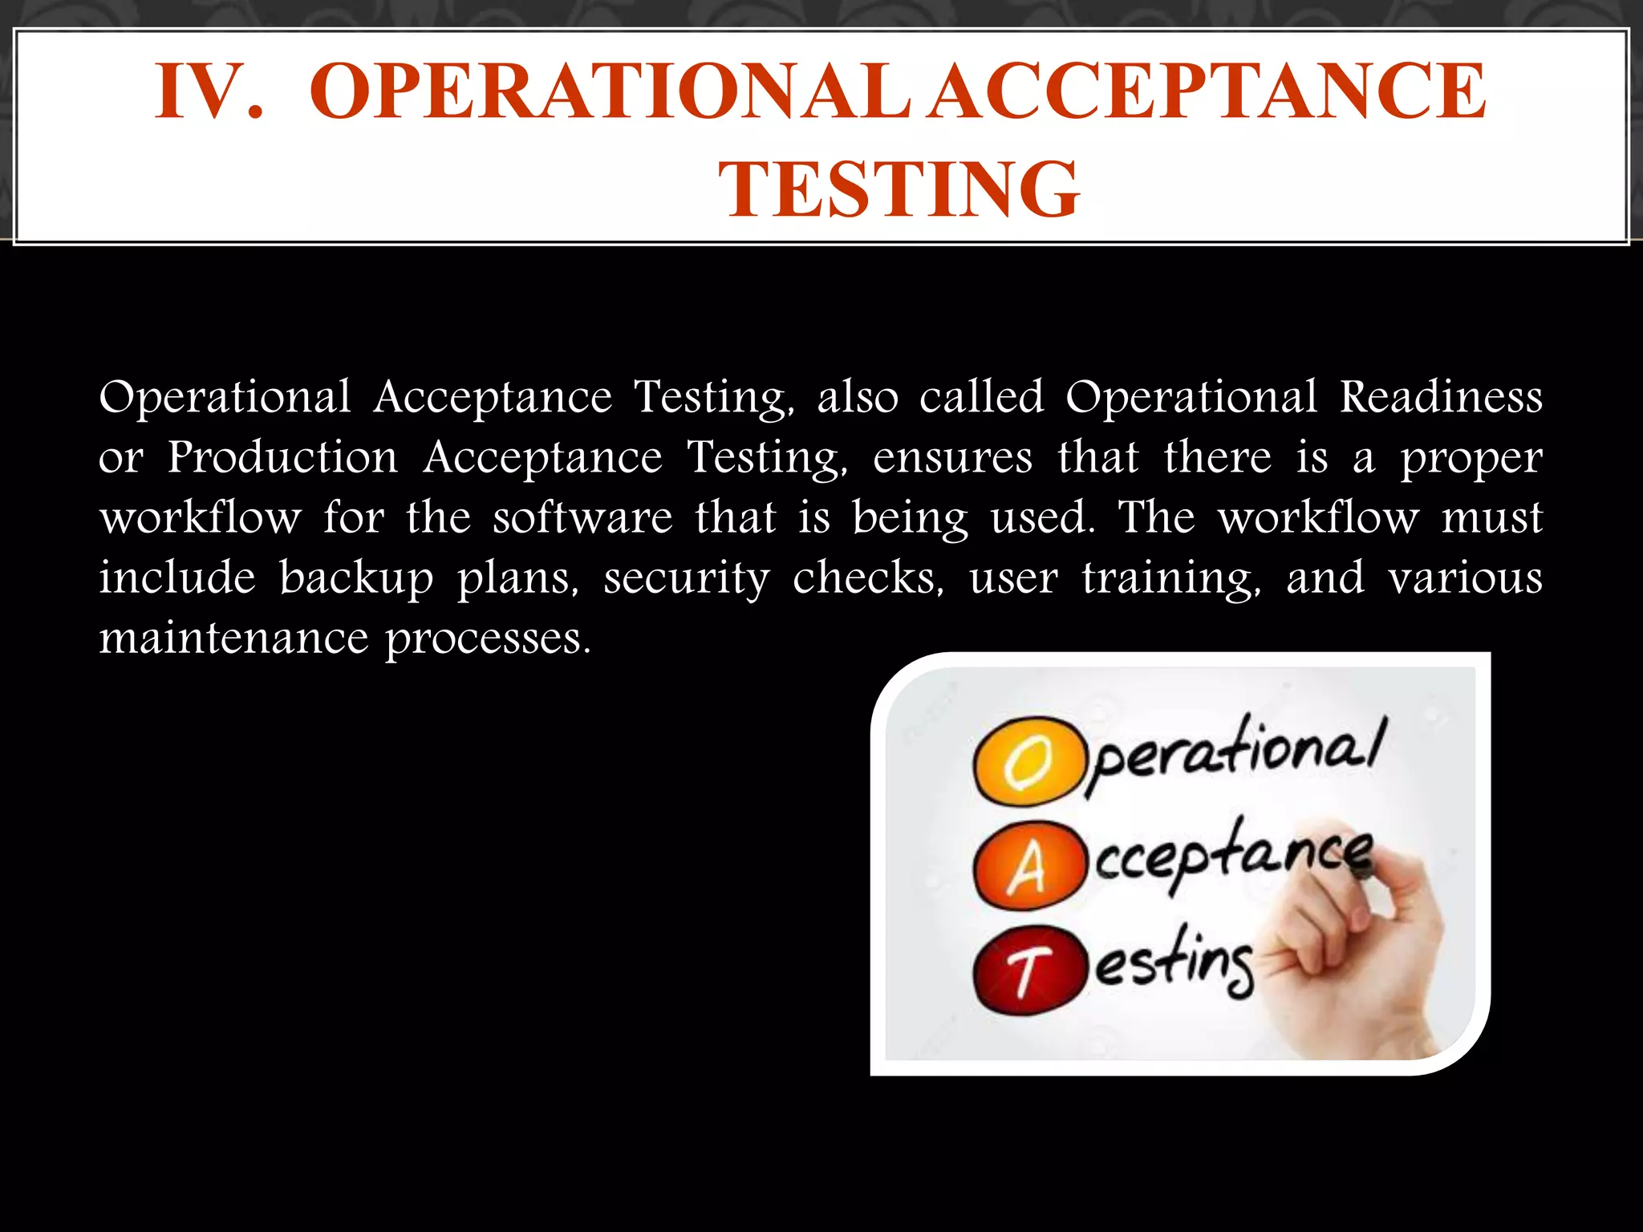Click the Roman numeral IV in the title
(x=208, y=92)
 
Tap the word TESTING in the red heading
(x=899, y=189)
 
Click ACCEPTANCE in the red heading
(x=1210, y=92)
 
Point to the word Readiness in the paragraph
(x=1441, y=397)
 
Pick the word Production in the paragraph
(x=282, y=458)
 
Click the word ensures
(x=952, y=458)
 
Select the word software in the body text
(x=582, y=517)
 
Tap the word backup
(x=356, y=578)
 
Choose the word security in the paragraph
(x=686, y=578)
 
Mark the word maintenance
(x=233, y=638)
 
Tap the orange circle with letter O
(x=1025, y=760)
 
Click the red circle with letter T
(x=1025, y=971)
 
